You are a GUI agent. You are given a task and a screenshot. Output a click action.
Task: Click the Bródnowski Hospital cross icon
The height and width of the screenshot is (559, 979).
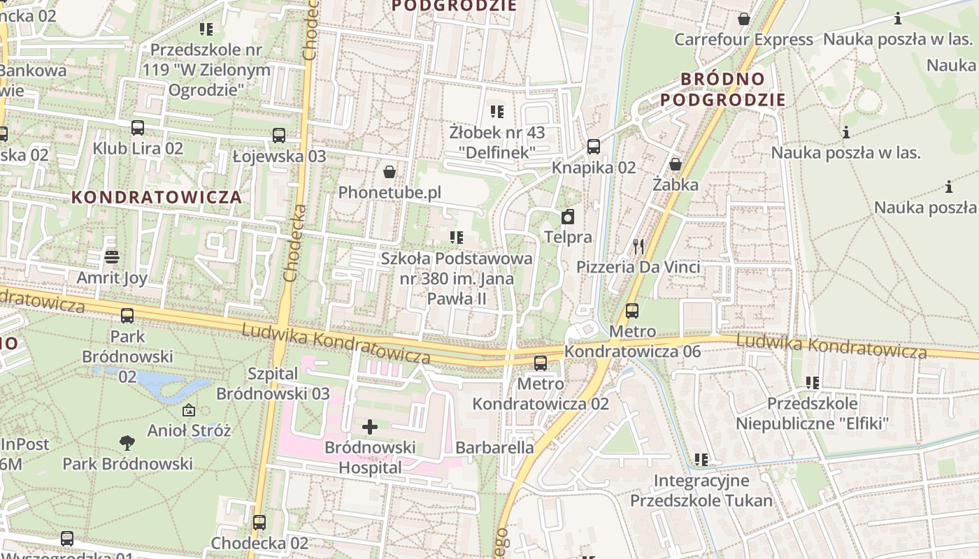[370, 426]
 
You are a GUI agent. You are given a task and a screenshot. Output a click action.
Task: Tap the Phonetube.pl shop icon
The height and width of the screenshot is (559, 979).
[390, 171]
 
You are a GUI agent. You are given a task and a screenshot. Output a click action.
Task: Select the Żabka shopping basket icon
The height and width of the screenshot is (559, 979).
[676, 164]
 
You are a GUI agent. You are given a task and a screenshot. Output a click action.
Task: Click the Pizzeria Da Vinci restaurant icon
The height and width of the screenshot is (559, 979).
[638, 246]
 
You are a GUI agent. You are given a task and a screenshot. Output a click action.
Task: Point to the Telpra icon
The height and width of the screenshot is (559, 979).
[568, 216]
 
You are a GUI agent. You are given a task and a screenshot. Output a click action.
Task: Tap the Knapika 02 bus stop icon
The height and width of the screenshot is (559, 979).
[594, 147]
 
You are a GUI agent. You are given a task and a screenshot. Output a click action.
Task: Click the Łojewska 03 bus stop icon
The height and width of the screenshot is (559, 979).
[279, 136]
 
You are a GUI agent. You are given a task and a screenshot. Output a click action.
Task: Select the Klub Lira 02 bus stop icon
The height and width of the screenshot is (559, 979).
[138, 128]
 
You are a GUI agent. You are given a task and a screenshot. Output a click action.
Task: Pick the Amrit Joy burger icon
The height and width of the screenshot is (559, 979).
[111, 257]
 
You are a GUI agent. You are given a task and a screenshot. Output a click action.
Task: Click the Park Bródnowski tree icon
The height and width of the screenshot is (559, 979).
[127, 442]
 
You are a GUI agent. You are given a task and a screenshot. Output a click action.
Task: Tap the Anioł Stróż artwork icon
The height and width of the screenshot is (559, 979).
[188, 410]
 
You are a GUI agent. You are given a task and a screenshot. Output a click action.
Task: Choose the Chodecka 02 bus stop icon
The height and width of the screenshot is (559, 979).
[259, 522]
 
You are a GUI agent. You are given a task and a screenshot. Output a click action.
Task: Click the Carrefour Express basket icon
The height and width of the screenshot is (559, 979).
[743, 19]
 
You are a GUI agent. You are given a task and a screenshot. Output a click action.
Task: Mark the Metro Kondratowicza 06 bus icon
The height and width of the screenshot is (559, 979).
[632, 310]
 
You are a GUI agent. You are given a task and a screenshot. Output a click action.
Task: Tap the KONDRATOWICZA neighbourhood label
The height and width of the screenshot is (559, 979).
[157, 197]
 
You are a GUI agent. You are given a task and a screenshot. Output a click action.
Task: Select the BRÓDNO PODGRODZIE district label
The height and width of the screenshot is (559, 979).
[723, 89]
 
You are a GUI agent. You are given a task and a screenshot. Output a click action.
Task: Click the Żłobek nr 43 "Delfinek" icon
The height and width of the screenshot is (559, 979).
[497, 111]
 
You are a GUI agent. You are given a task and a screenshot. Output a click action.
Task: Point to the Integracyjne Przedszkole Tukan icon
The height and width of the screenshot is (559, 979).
[701, 460]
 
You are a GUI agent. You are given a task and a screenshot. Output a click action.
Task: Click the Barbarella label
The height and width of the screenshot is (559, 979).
[494, 447]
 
